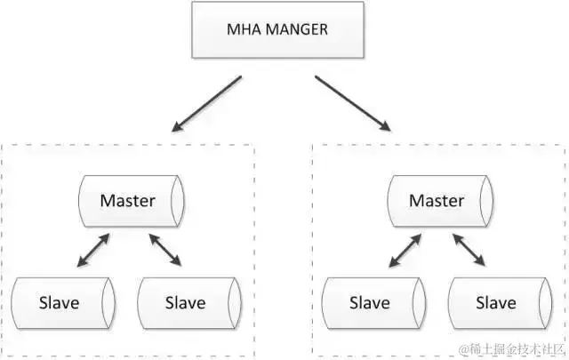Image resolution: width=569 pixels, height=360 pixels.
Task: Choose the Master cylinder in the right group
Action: click(437, 201)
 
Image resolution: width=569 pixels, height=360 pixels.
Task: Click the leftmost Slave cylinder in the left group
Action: click(61, 303)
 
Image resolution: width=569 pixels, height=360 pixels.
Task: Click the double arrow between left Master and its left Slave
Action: click(93, 251)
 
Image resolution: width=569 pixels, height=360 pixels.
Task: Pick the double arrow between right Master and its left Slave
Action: click(404, 251)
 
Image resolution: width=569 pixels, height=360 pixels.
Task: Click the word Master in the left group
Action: click(127, 201)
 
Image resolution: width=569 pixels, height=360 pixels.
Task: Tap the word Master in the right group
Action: click(436, 201)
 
